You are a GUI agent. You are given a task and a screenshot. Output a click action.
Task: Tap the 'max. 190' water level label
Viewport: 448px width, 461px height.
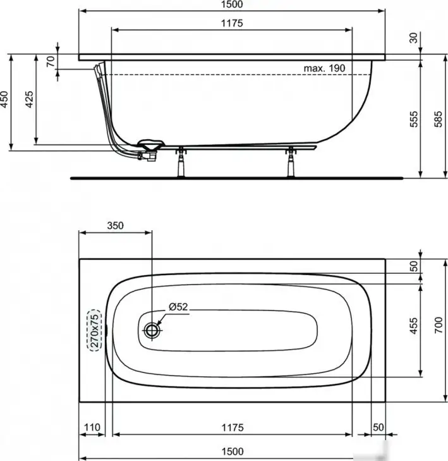pyautogui.click(x=324, y=68)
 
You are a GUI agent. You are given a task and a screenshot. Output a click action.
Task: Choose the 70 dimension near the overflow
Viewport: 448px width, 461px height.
pyautogui.click(x=51, y=61)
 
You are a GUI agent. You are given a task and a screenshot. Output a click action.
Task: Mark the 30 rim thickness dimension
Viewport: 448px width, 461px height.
pyautogui.click(x=414, y=39)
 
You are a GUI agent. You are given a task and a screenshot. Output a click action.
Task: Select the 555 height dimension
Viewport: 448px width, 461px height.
pyautogui.click(x=414, y=120)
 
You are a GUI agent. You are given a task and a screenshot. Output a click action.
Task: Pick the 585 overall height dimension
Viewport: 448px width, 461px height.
pyautogui.click(x=437, y=120)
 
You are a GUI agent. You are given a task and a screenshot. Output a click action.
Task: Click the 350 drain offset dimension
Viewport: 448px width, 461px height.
pyautogui.click(x=115, y=224)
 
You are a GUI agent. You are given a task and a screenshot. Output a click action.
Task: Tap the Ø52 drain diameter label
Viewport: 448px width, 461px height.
pyautogui.click(x=178, y=307)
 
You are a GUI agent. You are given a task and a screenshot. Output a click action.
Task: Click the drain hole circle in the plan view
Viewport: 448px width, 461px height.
pyautogui.click(x=152, y=329)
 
